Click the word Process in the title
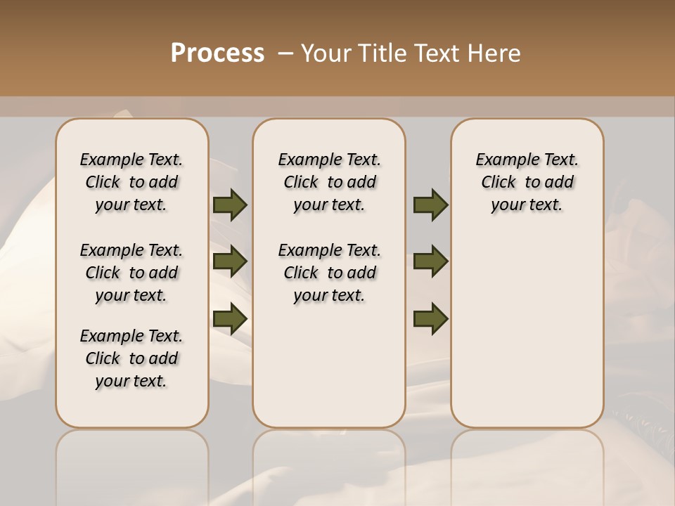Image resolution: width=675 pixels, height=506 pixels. tap(217, 53)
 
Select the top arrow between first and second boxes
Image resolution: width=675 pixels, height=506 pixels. tap(230, 205)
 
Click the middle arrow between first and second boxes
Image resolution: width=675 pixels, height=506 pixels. tap(230, 261)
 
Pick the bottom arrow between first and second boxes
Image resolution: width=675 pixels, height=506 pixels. tap(230, 318)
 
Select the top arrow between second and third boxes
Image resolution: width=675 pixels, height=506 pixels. tap(430, 205)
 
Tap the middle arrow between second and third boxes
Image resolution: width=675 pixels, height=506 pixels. tap(430, 261)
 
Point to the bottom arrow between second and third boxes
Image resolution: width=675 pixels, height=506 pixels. tap(430, 318)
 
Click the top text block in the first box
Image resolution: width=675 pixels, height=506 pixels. tap(131, 182)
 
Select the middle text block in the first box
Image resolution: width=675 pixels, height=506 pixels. tap(131, 273)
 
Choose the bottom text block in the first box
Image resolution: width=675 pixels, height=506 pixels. tap(131, 358)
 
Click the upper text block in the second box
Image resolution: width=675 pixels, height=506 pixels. tap(329, 182)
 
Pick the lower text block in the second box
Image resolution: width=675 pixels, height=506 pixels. tap(329, 273)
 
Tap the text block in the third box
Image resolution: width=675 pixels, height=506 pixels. tap(527, 182)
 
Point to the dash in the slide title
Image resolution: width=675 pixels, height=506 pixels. tap(285, 53)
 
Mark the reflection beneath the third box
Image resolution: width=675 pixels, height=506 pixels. tap(527, 464)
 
